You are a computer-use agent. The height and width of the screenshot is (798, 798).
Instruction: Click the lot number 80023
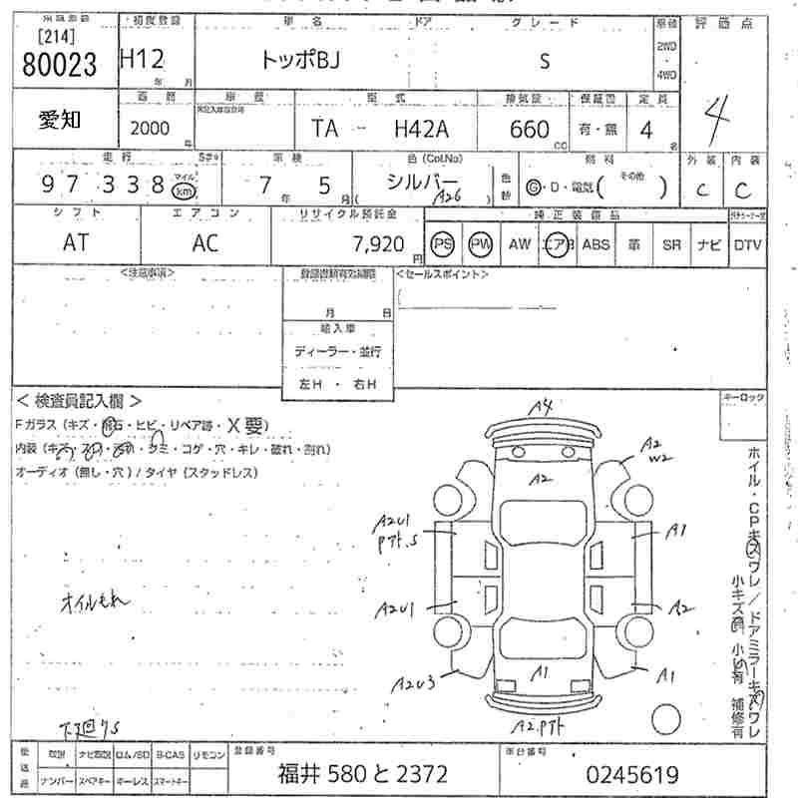59,64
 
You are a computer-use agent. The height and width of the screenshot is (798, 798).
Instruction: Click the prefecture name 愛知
61,122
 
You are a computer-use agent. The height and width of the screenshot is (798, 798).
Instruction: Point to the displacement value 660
529,129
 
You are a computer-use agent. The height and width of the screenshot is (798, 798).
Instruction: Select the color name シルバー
421,182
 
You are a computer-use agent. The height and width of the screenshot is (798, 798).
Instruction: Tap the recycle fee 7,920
377,242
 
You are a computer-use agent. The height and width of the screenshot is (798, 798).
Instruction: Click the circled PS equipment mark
443,243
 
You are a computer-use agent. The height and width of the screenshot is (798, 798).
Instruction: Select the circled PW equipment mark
482,243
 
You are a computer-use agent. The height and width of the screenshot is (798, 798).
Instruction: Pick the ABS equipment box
596,243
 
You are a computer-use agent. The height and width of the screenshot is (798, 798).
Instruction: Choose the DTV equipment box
746,243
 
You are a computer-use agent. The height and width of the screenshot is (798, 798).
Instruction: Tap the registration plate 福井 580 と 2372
362,774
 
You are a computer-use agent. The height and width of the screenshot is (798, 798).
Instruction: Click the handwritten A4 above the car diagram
541,406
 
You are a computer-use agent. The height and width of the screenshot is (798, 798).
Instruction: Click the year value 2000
149,129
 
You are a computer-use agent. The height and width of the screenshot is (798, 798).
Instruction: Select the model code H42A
422,129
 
